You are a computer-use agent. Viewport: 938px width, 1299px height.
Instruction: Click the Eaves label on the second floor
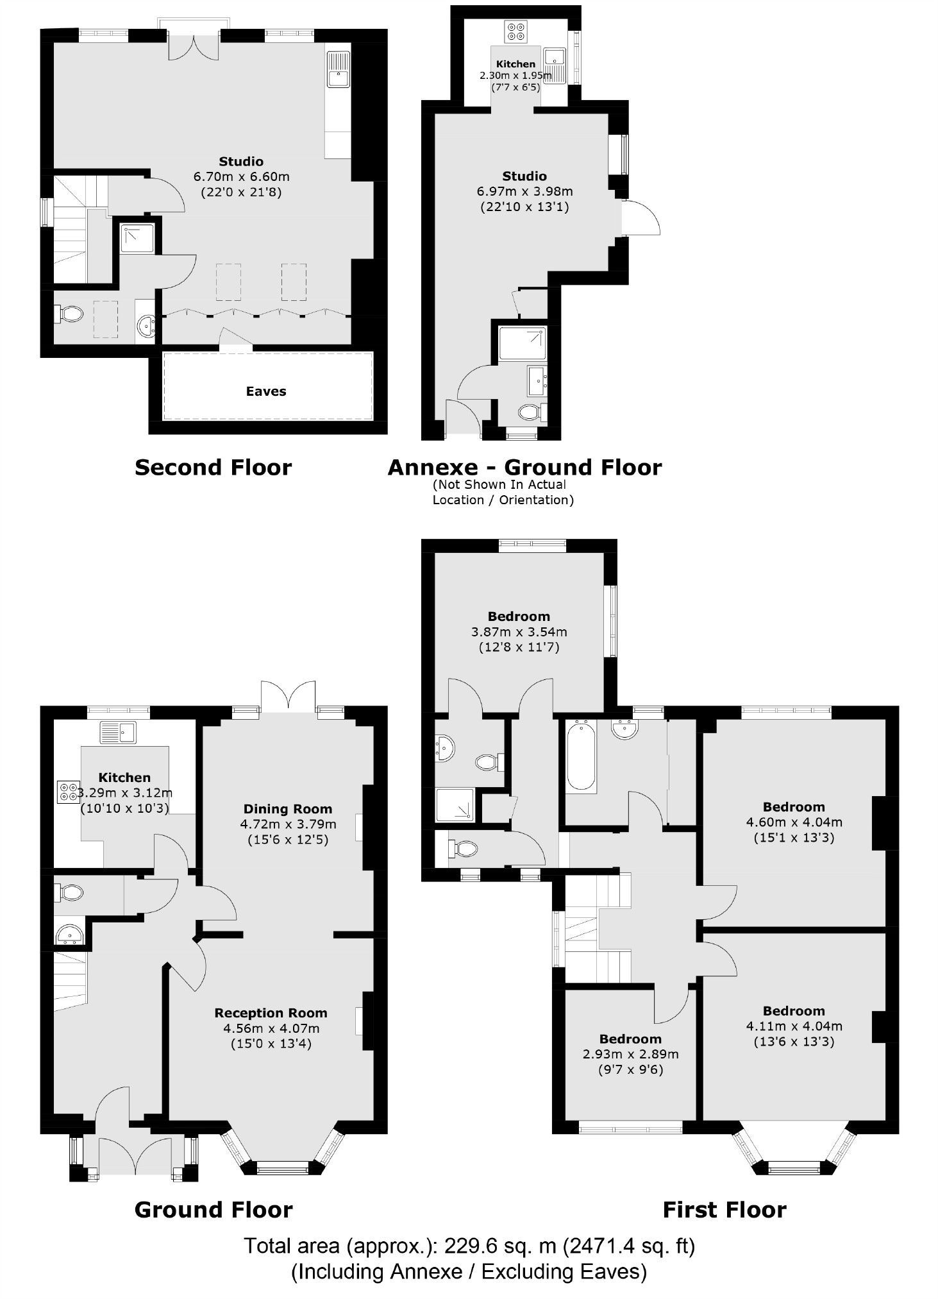(x=266, y=391)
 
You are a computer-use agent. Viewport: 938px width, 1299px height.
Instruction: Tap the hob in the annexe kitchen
(x=515, y=31)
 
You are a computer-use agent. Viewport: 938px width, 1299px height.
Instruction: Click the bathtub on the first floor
(x=581, y=755)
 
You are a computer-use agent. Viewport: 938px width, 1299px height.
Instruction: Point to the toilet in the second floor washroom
(x=70, y=314)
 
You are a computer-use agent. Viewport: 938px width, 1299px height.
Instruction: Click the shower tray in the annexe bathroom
(x=523, y=343)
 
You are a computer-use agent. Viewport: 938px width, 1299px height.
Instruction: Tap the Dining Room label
(x=288, y=809)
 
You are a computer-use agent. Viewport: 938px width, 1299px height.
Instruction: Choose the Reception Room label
(x=271, y=1013)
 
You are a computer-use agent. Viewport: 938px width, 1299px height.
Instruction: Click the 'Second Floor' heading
(x=213, y=467)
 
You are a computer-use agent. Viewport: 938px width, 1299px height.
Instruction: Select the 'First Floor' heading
(x=724, y=1210)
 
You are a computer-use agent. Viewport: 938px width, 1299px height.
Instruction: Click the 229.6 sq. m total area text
(x=469, y=1246)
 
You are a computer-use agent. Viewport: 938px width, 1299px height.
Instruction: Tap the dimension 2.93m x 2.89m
(x=630, y=1054)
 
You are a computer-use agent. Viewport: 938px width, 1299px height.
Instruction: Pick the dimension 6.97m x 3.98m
(x=524, y=191)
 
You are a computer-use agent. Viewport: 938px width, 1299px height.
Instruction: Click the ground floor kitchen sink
(x=119, y=732)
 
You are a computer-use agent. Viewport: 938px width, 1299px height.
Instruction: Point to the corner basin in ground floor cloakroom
(x=69, y=936)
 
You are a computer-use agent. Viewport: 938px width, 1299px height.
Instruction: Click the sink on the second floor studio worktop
(x=338, y=70)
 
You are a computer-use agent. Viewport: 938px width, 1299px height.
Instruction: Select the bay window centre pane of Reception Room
(x=283, y=1168)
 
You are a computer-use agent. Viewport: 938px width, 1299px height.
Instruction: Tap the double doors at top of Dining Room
(x=289, y=696)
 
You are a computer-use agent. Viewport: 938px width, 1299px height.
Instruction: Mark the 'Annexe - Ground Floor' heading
(x=524, y=467)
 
